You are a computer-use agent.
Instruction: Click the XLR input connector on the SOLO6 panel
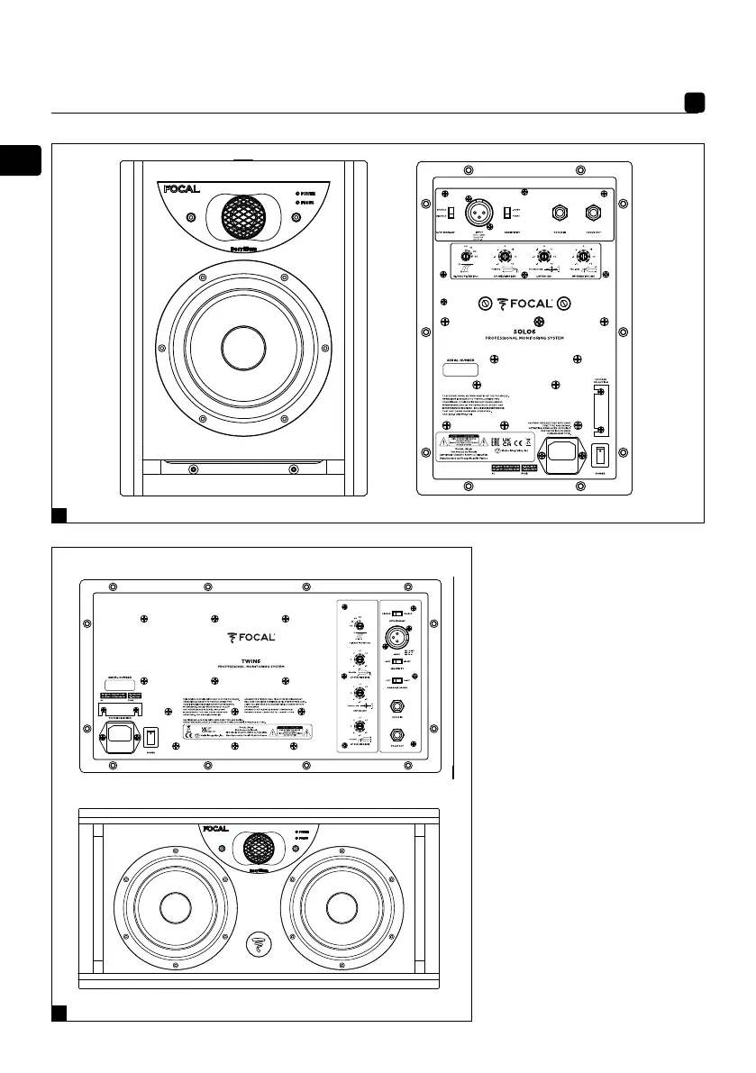point(477,214)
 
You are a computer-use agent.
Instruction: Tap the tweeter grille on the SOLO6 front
point(243,216)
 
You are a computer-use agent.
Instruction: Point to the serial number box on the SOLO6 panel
point(464,369)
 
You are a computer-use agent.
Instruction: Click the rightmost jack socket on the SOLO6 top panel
point(592,214)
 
